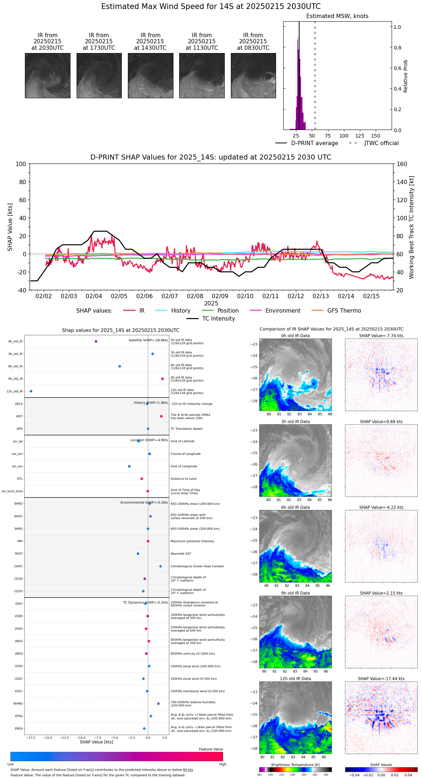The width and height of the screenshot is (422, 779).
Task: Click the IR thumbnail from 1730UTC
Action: (99, 75)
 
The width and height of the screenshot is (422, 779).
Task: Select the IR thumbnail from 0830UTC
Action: (253, 75)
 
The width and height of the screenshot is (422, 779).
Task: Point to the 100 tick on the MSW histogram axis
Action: (344, 136)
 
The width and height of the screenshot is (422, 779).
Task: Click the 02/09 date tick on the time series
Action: (220, 296)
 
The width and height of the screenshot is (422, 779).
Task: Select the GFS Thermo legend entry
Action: (344, 311)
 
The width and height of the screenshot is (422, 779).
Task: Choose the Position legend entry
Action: (228, 311)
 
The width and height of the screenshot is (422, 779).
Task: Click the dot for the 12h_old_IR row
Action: (31, 391)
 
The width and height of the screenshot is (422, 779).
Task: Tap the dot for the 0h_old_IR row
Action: (96, 341)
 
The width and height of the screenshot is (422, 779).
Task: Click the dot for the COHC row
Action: (161, 566)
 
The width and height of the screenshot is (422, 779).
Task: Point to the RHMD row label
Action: (18, 704)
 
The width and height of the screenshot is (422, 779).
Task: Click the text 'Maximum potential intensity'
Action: (192, 541)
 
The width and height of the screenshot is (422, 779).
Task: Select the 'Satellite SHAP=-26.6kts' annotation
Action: (148, 340)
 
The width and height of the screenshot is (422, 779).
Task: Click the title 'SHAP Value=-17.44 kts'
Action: (381, 679)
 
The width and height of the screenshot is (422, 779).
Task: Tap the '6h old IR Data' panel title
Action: (295, 508)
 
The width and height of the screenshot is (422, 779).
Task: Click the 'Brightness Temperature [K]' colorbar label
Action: (295, 765)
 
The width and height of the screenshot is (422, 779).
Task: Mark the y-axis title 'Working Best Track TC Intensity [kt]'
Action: (412, 227)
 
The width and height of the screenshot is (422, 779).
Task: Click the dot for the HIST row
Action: (162, 417)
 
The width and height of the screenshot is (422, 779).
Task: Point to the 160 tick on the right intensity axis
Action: (402, 164)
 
